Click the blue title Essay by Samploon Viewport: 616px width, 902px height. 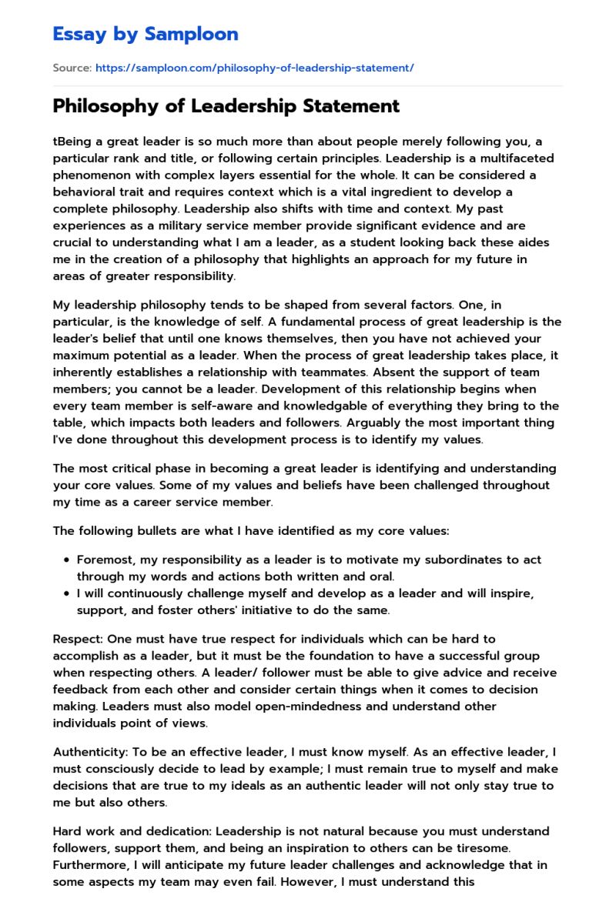(145, 34)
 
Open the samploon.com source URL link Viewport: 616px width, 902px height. (254, 68)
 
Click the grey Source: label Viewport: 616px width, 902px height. (72, 68)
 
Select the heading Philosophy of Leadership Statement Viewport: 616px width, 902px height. (226, 105)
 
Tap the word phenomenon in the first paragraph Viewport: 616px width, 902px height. (91, 175)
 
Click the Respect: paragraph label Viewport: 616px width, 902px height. (77, 639)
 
